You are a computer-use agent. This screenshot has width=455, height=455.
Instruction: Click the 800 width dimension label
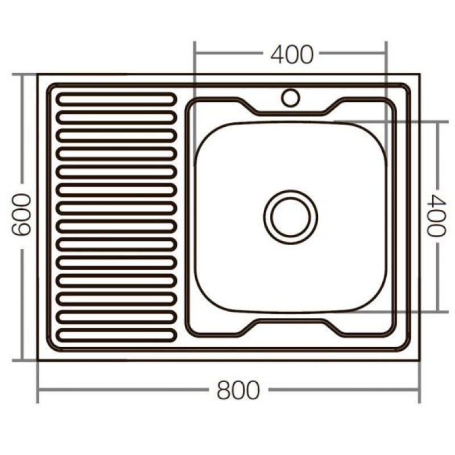[x=238, y=390]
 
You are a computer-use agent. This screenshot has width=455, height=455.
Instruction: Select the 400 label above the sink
[x=291, y=54]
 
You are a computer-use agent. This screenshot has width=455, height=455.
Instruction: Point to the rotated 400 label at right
[x=437, y=216]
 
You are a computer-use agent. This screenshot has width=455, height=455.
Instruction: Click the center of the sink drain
[x=291, y=217]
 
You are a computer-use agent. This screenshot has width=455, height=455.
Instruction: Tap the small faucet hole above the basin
[x=291, y=98]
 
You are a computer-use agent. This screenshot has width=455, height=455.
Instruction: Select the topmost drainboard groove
[x=116, y=99]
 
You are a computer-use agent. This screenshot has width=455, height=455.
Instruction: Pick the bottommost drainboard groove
[x=116, y=336]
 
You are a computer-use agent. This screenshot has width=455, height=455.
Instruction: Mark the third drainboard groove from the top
[x=116, y=135]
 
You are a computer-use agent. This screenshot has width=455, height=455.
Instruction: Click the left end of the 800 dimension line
[x=38, y=390]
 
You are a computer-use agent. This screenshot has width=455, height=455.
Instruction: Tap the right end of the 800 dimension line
[x=420, y=390]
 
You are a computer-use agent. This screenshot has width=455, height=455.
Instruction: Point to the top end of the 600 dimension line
[x=22, y=75]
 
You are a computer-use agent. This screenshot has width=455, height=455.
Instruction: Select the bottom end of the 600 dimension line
[x=22, y=360]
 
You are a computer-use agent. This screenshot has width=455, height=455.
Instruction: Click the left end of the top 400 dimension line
[x=195, y=54]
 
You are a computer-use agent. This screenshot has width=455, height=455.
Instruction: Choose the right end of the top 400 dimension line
[x=386, y=54]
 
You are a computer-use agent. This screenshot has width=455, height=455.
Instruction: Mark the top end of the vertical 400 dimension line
[x=437, y=121]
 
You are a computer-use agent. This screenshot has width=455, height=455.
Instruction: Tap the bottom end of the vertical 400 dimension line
[x=437, y=312]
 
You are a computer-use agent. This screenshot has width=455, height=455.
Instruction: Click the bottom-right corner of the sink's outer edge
[x=419, y=360]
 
